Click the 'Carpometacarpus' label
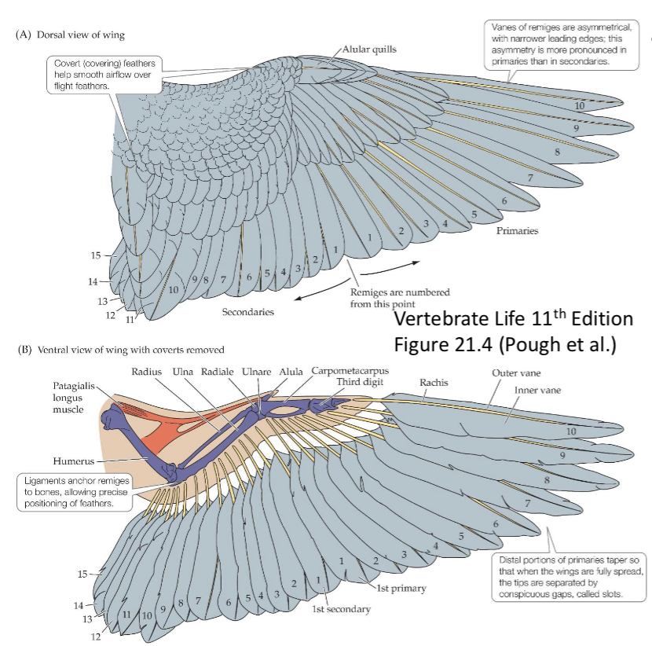[350, 370]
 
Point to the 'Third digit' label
[360, 382]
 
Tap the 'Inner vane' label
[537, 390]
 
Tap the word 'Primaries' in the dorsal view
[517, 231]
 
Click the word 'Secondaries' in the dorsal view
[247, 312]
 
